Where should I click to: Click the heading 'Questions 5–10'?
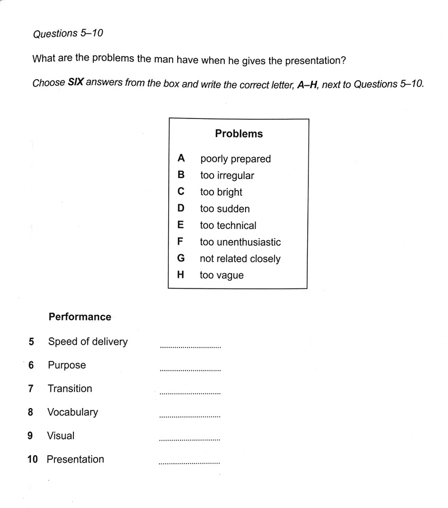(x=68, y=34)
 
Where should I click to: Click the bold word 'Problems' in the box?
(x=239, y=134)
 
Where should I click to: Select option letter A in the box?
(x=181, y=159)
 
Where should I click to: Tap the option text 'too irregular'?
(x=227, y=176)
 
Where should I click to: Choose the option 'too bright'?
(x=221, y=192)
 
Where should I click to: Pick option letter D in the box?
(x=181, y=209)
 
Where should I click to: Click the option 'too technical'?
(x=228, y=226)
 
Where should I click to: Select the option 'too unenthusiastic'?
(x=241, y=242)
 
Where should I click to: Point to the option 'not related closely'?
(x=240, y=259)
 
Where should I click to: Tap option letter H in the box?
(x=181, y=276)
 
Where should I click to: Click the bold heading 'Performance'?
(x=80, y=317)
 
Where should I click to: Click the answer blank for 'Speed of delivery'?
(x=190, y=346)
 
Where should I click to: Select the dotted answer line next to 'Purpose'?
(x=190, y=370)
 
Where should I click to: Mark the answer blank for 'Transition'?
(x=190, y=393)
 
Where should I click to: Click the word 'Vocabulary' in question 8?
(x=72, y=412)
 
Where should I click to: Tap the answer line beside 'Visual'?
(x=190, y=440)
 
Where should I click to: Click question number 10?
(x=33, y=459)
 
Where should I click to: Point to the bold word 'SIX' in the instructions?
(x=76, y=84)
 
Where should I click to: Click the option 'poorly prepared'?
(x=235, y=159)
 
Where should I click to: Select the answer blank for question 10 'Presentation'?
(x=190, y=463)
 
